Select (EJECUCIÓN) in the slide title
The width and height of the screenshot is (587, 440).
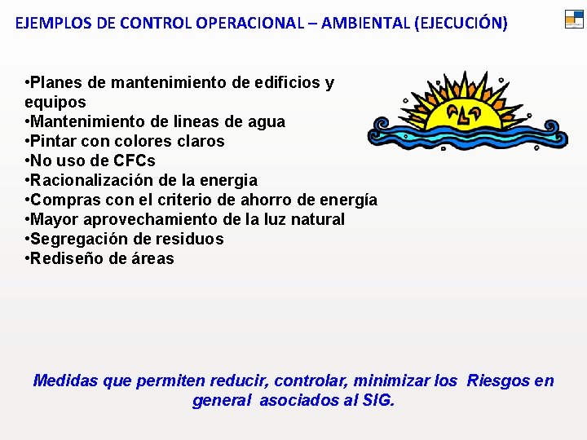point(461,23)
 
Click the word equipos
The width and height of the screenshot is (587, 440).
point(55,102)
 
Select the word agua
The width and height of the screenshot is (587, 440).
point(267,121)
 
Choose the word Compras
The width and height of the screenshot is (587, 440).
point(64,200)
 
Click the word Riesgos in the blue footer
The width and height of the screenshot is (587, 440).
point(498,381)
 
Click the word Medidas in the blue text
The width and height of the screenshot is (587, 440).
point(64,381)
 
